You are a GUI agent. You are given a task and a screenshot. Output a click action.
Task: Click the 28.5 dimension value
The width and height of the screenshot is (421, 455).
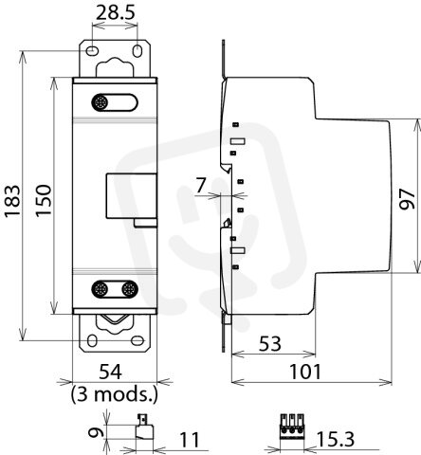coord(116,13)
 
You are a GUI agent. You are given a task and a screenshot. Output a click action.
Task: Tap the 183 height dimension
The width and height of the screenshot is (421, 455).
coord(12,200)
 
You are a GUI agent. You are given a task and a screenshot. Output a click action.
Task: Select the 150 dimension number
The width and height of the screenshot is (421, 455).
coord(43,200)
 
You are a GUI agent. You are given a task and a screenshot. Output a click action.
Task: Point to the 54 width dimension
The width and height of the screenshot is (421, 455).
coord(110,372)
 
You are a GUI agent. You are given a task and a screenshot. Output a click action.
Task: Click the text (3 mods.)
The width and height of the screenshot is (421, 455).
coord(114,393)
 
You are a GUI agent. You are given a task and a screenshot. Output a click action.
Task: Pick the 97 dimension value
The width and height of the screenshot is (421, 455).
coord(407,199)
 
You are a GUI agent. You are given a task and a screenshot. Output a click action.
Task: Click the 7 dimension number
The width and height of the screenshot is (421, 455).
coord(201,185)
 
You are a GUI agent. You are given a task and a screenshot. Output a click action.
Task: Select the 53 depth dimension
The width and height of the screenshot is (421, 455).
coord(270,344)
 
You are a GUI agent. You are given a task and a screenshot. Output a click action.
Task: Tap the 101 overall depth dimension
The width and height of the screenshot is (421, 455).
coord(305,372)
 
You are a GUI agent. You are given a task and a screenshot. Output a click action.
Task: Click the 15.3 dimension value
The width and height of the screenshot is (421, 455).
coord(336,439)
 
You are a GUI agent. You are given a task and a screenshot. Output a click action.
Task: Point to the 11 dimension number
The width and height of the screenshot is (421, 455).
coord(190,440)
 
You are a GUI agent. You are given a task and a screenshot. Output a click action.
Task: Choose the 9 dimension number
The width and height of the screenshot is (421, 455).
coord(96,432)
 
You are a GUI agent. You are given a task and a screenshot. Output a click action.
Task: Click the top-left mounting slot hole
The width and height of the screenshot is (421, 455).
coord(92,50)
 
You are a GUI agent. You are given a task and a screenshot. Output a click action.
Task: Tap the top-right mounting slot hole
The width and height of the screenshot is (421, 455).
coord(137,50)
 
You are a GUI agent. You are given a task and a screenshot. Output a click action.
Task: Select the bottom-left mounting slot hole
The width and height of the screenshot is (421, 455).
coord(92,341)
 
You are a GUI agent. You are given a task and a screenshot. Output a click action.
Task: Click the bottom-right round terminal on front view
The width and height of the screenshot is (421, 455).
coord(129,289)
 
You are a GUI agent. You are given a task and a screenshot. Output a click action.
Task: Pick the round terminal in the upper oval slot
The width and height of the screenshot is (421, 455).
coord(100,102)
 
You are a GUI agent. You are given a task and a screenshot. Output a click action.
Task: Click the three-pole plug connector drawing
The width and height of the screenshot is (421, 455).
coord(291,428)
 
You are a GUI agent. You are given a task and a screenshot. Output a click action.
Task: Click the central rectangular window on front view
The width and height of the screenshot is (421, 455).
coord(131,196)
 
